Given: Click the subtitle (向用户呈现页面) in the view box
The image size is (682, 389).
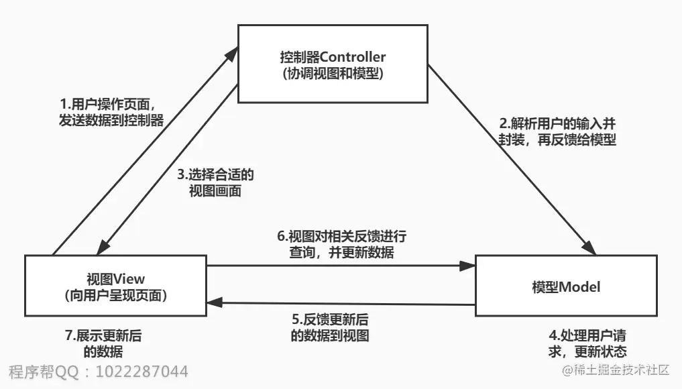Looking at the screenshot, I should click(115, 295).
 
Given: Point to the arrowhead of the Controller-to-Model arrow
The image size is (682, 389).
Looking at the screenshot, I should click(587, 247).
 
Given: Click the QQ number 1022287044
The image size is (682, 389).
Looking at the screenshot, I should click(142, 372).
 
